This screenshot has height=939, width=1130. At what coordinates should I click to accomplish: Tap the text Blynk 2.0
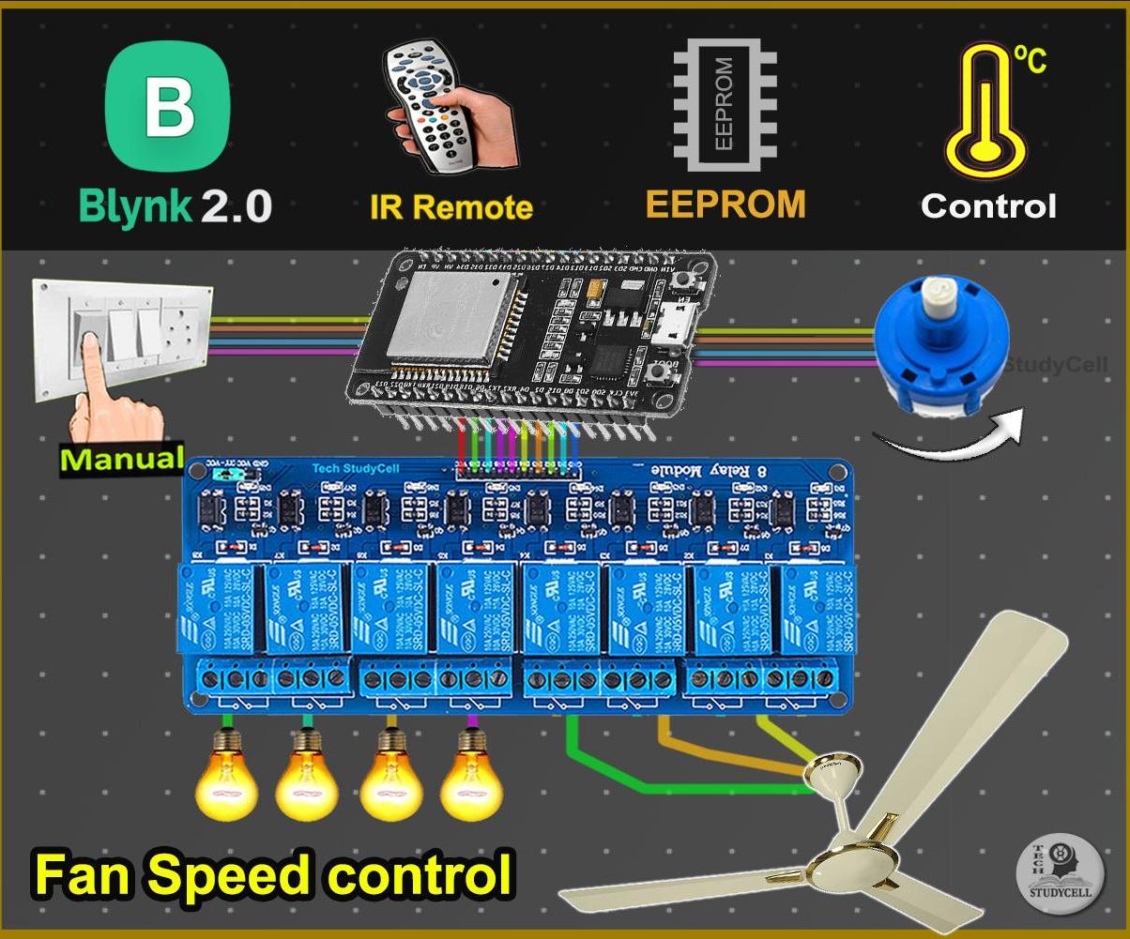click(176, 205)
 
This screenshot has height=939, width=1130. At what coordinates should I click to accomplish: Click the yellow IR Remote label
click(450, 207)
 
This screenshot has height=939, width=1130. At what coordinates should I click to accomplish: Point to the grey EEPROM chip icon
click(725, 104)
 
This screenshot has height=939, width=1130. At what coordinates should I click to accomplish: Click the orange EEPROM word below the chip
click(725, 204)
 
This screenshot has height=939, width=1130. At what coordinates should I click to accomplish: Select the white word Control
click(988, 205)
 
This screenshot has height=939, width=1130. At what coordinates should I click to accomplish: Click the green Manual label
click(122, 460)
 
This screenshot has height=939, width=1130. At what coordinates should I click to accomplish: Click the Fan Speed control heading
click(274, 874)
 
